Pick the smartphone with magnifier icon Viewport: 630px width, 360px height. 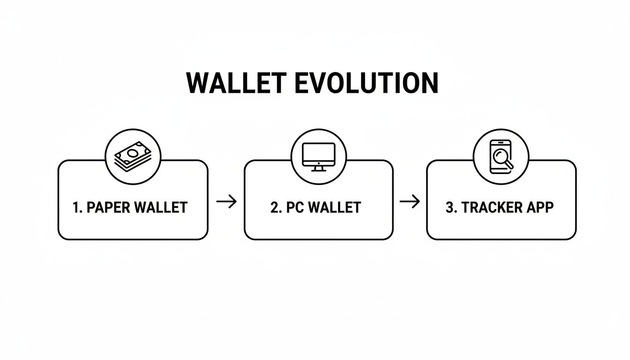coord(501,157)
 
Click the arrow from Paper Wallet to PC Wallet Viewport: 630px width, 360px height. coord(226,202)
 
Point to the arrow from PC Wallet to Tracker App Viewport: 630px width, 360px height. coord(410,202)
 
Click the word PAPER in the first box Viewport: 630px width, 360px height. coord(109,207)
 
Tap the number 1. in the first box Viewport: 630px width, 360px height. coord(78,207)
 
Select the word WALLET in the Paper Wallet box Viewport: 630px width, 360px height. coord(161,207)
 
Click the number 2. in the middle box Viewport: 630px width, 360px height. coord(276,207)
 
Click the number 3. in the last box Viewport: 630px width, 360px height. coord(451,207)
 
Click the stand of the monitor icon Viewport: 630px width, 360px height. coord(319,167)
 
